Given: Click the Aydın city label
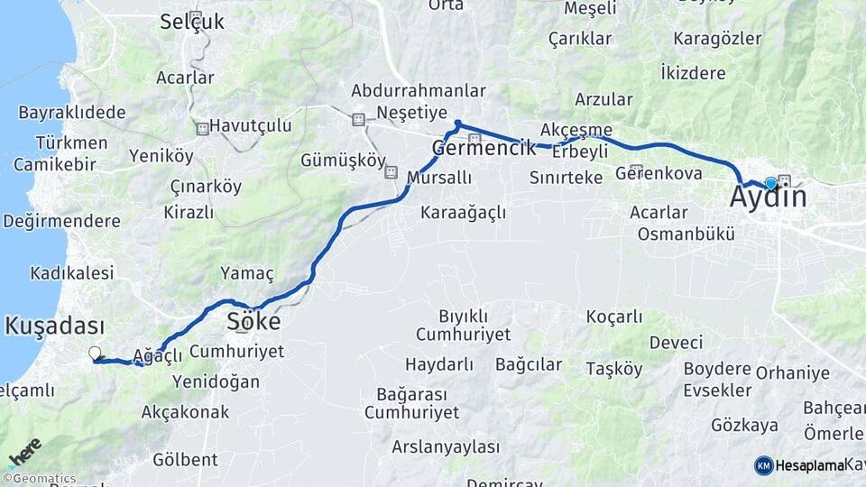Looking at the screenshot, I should [768, 197].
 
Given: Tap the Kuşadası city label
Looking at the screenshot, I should [54, 326].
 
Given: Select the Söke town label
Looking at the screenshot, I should [253, 321].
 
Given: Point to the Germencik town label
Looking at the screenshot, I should [484, 148].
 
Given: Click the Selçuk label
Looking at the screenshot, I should [191, 22].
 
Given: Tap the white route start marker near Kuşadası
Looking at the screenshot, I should [95, 353].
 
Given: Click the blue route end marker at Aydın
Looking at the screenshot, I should [770, 183].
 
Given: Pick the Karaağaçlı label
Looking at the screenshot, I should [463, 213].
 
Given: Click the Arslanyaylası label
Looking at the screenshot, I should [446, 446].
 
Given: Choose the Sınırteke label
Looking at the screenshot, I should [566, 178].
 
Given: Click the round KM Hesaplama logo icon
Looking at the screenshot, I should [763, 465].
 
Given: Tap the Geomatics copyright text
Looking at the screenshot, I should [40, 479].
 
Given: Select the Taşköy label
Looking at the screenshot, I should [613, 368].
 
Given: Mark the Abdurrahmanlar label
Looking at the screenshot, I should [419, 91].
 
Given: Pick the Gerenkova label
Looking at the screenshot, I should [659, 172].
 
